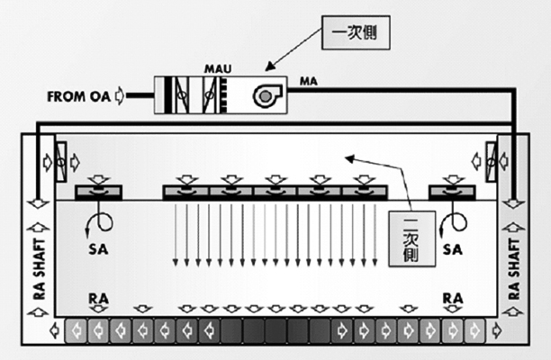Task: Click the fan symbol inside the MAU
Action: click(x=268, y=94)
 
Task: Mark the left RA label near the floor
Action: click(x=99, y=297)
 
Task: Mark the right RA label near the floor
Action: click(x=452, y=297)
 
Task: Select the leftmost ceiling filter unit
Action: click(x=99, y=192)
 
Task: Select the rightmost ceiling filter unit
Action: click(x=452, y=192)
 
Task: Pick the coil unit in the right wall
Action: click(x=491, y=161)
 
